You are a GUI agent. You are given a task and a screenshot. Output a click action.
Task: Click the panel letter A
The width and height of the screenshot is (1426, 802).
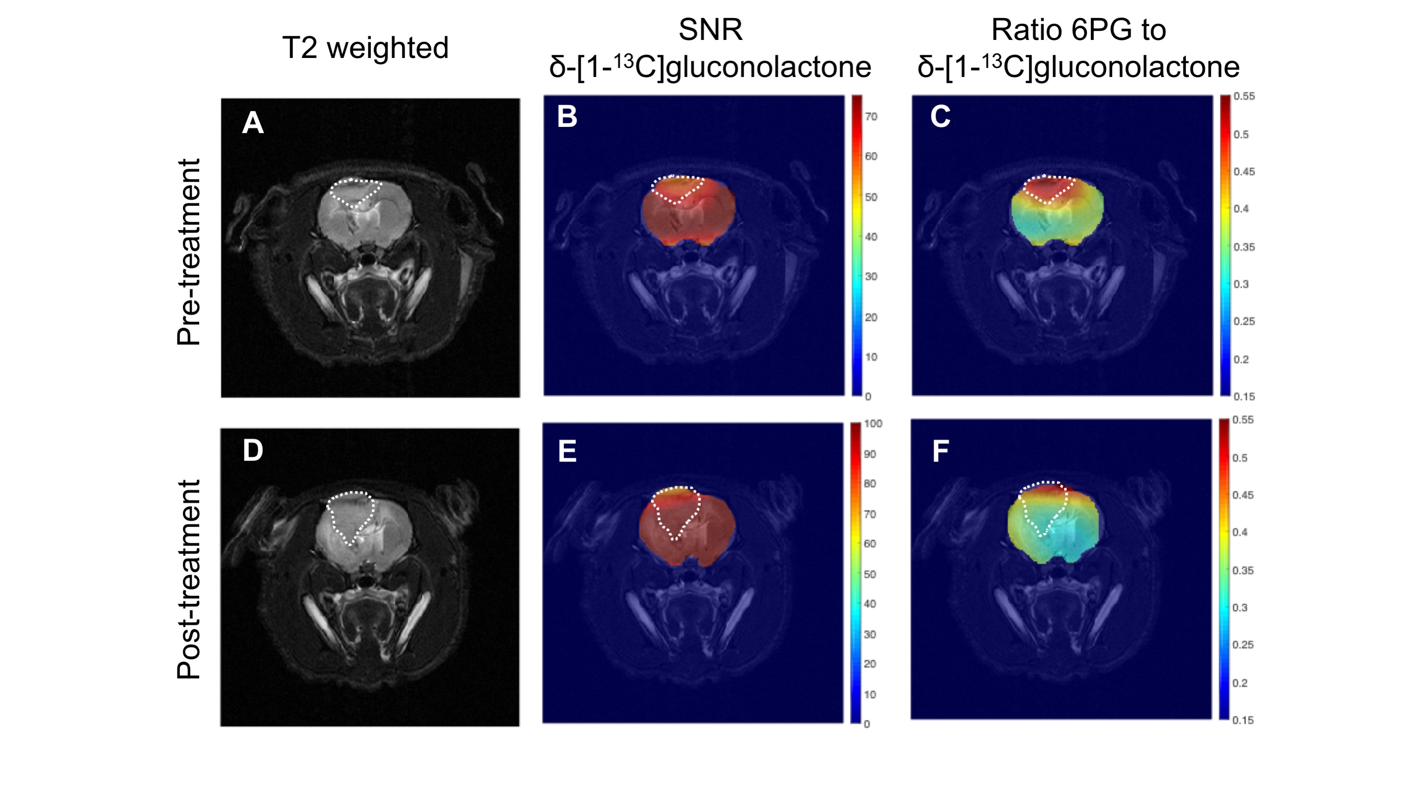253,122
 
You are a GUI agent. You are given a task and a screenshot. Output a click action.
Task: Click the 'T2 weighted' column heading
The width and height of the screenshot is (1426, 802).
365,48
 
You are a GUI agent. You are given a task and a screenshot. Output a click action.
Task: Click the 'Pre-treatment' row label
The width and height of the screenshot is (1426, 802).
188,252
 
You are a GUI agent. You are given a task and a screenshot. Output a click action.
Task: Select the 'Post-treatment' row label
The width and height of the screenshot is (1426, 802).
188,579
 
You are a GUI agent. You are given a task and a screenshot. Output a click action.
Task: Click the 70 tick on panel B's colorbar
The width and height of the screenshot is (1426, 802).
871,117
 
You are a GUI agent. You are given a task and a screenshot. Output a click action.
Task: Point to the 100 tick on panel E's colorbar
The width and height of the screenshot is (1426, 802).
873,424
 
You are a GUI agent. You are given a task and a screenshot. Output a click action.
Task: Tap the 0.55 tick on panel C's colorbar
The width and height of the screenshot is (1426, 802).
1244,97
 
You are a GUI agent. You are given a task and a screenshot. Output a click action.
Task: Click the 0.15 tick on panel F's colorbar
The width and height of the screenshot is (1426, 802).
1243,720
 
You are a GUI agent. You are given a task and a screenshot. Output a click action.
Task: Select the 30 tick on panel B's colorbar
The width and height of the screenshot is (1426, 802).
871,276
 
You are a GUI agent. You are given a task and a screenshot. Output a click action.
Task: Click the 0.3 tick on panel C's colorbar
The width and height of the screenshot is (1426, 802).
1241,284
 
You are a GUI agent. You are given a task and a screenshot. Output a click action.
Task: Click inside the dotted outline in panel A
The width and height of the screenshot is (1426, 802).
354,192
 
